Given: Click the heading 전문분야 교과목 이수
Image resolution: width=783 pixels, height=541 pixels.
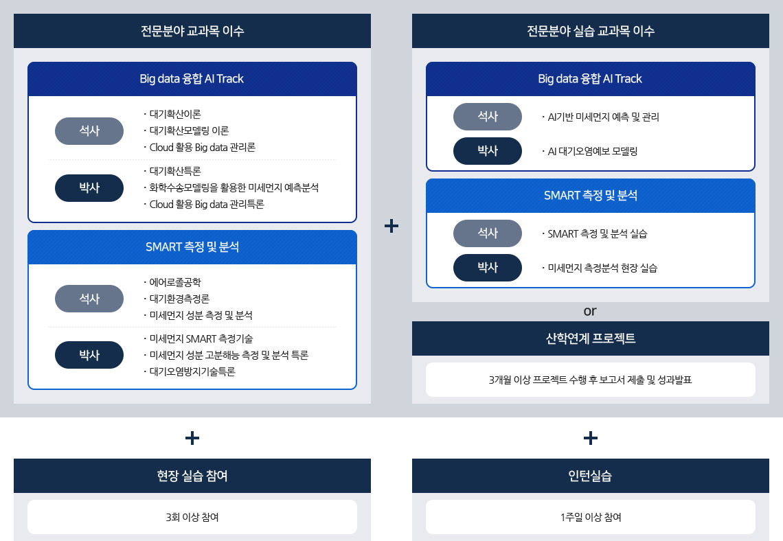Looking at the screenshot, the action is (192, 31).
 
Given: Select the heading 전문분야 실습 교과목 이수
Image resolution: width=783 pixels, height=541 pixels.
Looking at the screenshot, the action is (590, 31).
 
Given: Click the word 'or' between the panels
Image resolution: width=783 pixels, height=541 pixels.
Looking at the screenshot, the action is (590, 312).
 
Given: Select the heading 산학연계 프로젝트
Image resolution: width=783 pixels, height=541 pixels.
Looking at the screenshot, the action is (590, 338).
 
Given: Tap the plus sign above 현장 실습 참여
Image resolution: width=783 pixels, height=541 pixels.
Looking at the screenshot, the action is (192, 438).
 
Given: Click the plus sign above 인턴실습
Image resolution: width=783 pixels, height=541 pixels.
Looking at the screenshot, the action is (590, 438).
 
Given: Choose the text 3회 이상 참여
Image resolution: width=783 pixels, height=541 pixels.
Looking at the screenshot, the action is (192, 517).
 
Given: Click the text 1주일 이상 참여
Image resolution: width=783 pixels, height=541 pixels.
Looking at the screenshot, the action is (591, 517).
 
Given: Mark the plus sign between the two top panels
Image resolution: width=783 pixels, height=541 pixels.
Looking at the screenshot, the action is (391, 226).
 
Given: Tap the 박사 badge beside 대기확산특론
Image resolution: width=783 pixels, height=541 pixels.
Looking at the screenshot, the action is (89, 188).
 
